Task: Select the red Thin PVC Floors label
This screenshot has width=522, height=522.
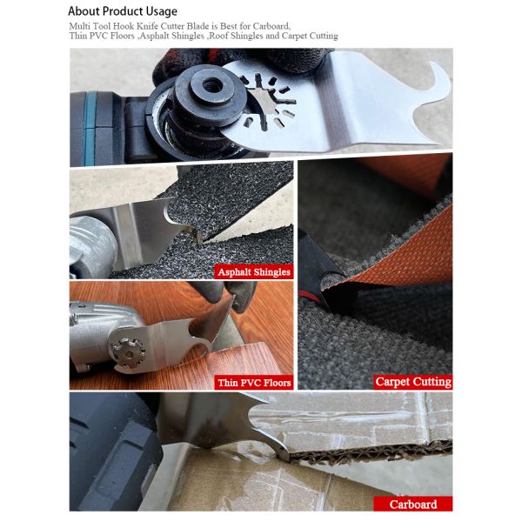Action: point(253,382)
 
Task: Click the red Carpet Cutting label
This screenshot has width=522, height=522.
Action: point(412,381)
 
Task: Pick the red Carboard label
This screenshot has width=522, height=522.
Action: point(412,504)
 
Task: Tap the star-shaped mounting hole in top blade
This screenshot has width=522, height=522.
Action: point(261,94)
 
